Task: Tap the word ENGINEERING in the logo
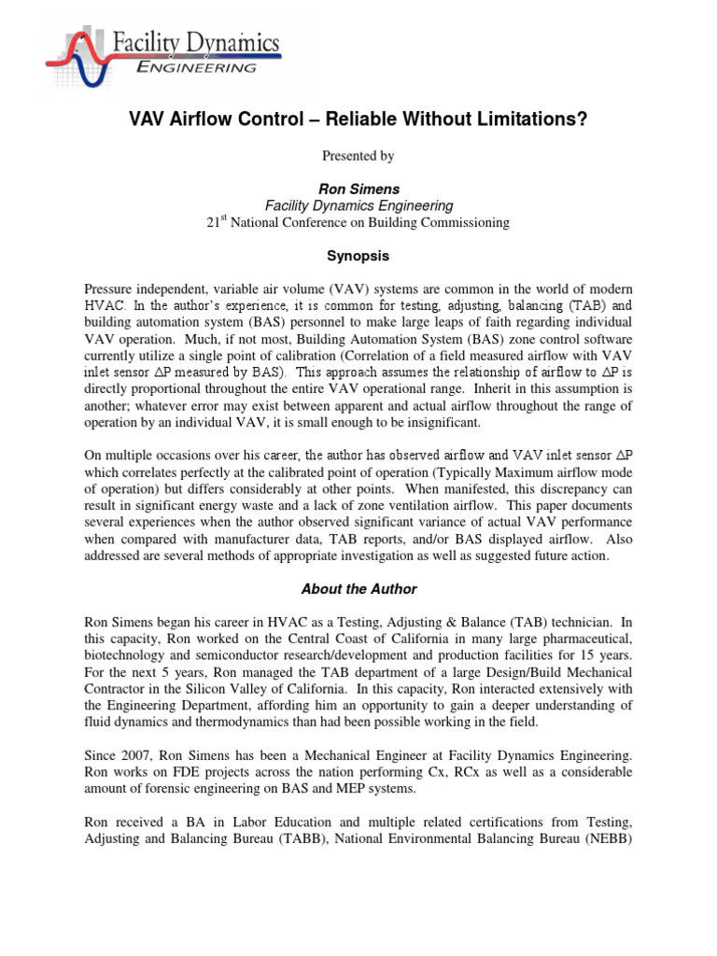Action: pos(193,67)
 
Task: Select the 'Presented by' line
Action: pos(358,156)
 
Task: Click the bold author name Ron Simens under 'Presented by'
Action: pos(358,189)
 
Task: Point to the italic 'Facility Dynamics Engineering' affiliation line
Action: pos(358,205)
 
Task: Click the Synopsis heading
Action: pos(358,255)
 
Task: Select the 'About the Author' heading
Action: pos(358,589)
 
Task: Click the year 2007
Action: pos(138,755)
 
